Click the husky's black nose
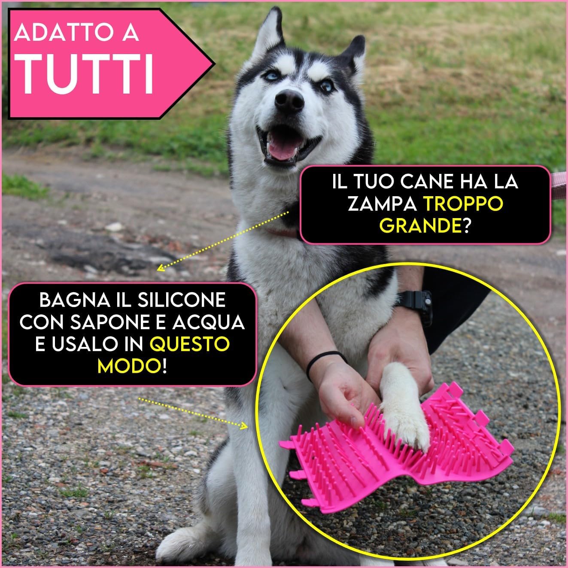pos(289,100)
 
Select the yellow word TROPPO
pos(463,204)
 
